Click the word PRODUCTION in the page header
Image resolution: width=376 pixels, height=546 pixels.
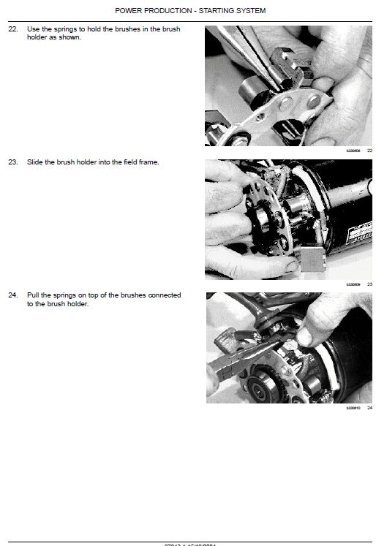[159, 10]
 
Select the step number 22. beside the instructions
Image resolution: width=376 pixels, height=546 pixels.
[12, 29]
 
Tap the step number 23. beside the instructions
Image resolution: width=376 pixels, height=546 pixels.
[12, 162]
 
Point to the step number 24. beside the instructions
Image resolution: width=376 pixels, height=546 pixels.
[12, 295]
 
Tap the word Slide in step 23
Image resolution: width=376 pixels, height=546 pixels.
[35, 162]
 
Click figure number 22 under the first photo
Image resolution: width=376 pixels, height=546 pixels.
[369, 151]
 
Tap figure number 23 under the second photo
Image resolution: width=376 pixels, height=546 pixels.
[369, 284]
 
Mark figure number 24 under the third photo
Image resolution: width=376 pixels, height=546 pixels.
[369, 408]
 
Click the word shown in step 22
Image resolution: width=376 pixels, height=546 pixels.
[71, 37]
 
